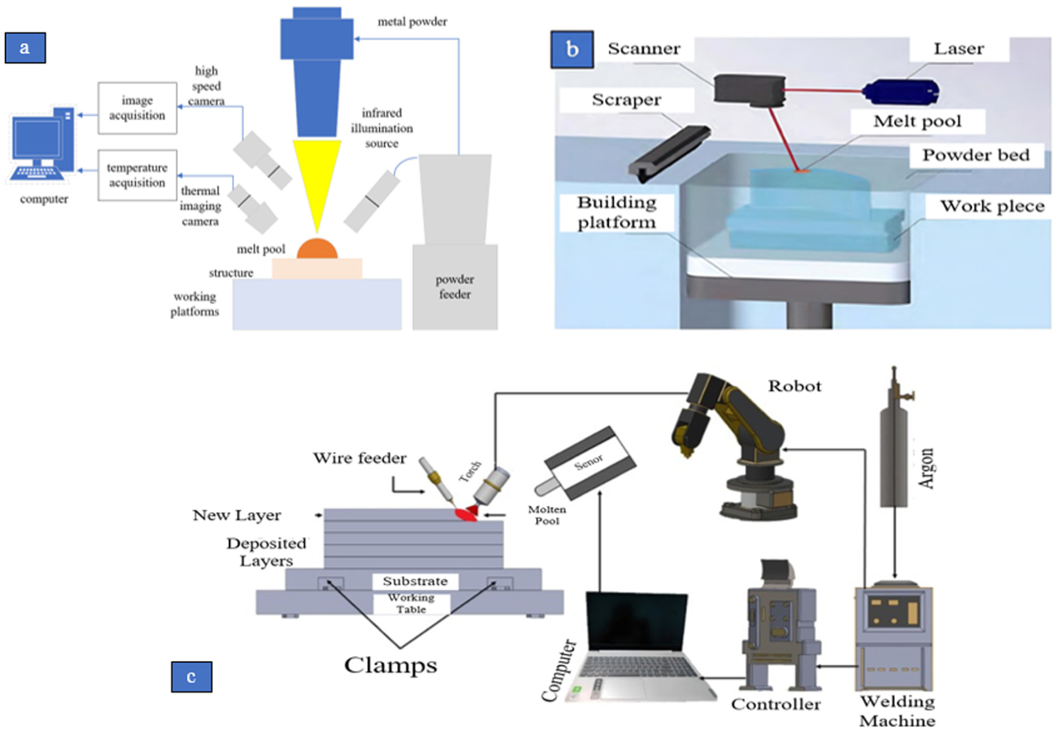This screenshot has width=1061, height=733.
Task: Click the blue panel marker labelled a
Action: pyautogui.click(x=25, y=47)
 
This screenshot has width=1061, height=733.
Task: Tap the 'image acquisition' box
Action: pyautogui.click(x=137, y=108)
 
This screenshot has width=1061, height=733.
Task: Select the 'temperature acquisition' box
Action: pyautogui.click(x=137, y=175)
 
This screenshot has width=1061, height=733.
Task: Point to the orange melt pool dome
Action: pyautogui.click(x=317, y=249)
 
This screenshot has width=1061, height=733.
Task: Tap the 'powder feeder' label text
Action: pyautogui.click(x=455, y=286)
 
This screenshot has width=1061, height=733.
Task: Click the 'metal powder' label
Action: pyautogui.click(x=412, y=22)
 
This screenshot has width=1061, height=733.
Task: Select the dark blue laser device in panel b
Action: pyautogui.click(x=900, y=91)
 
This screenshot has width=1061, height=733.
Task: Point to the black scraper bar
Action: pyautogui.click(x=669, y=152)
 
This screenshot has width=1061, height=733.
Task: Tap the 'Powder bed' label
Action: pyautogui.click(x=976, y=155)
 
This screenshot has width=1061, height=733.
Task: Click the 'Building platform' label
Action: pyautogui.click(x=617, y=212)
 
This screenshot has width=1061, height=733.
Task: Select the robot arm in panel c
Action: pyautogui.click(x=733, y=440)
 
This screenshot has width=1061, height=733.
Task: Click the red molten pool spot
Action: pyautogui.click(x=466, y=514)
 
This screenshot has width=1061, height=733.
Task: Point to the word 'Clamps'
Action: pyautogui.click(x=390, y=665)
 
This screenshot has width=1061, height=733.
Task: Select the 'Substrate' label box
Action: pyautogui.click(x=415, y=581)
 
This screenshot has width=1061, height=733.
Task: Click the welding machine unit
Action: pyautogui.click(x=894, y=637)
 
